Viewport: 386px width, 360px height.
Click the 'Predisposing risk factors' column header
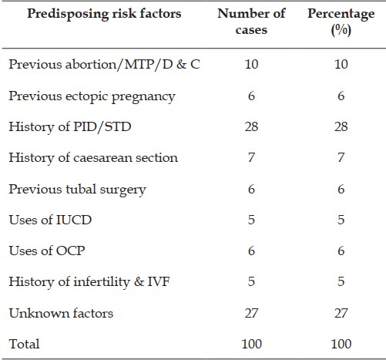tap(104, 14)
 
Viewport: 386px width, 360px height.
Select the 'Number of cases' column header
tap(251, 22)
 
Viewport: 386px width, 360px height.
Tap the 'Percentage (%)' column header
tap(341, 22)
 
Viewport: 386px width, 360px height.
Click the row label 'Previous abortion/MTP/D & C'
tap(104, 64)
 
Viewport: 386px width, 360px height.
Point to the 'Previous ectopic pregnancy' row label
tap(92, 97)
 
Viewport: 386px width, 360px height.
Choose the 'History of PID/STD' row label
tap(70, 127)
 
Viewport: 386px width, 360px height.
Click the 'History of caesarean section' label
tap(93, 158)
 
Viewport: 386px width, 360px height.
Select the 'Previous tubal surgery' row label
tap(77, 190)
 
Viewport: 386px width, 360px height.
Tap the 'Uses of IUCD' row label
tap(50, 220)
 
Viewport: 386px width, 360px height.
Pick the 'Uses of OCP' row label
tap(47, 251)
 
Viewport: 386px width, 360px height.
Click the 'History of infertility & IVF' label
tap(89, 282)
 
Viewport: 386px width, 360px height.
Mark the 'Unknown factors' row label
tap(61, 313)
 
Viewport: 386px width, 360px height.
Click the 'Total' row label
tap(24, 344)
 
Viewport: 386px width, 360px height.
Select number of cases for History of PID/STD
tap(251, 126)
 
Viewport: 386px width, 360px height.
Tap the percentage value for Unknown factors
tap(341, 313)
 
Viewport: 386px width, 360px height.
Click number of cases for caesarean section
tap(251, 157)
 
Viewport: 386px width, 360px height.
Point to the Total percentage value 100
tap(341, 344)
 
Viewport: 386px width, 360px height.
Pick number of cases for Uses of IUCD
tap(251, 220)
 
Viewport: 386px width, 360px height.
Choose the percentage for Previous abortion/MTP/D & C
tap(341, 64)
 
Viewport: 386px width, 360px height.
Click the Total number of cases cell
tap(251, 344)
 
